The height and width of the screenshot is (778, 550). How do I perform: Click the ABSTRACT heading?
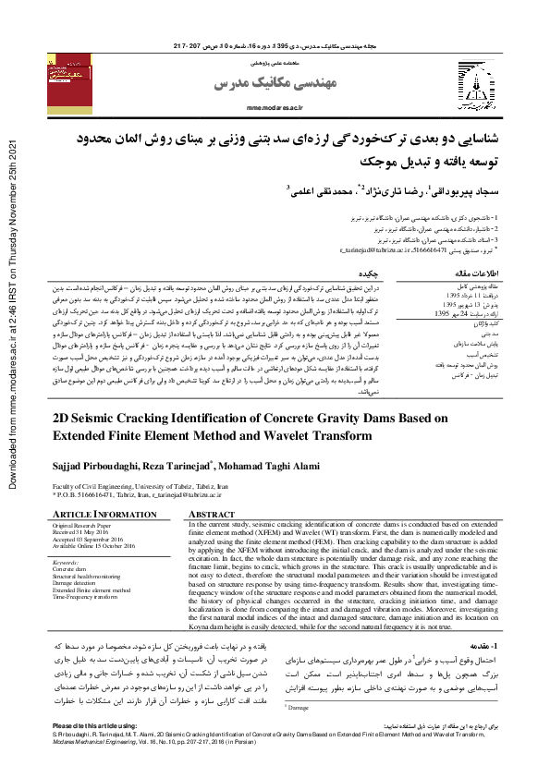pyautogui.click(x=212, y=514)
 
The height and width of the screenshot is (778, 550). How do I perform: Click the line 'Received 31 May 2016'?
pyautogui.click(x=86, y=531)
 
